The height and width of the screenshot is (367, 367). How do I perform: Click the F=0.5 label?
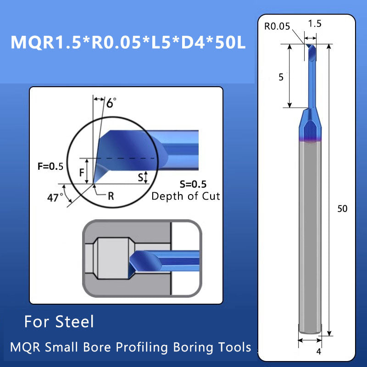tap(50, 166)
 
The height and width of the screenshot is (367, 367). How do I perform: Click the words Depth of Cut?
tap(186, 196)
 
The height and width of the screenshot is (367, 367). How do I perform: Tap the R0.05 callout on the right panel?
tap(277, 26)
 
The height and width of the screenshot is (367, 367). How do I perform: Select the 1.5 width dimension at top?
tap(315, 23)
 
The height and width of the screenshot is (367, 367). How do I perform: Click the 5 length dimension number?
tap(281, 78)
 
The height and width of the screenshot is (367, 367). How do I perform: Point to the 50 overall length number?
tap(342, 209)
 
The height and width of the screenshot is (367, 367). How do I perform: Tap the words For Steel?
tap(59, 321)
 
